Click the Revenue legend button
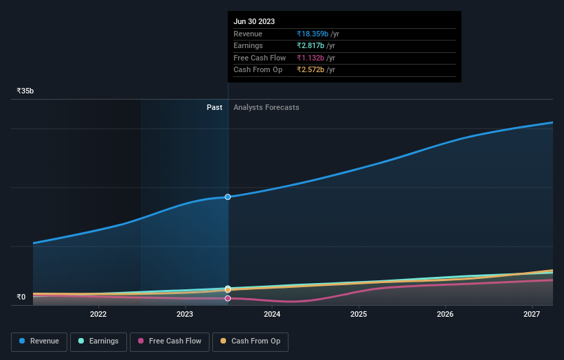pos(39,341)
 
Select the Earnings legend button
pos(98,341)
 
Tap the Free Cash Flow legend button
pos(170,341)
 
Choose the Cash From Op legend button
pos(250,341)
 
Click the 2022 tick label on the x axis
pos(98,315)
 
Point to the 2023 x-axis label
pos(185,315)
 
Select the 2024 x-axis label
pos(272,315)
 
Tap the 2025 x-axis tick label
pos(359,315)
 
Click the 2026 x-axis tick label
pos(445,315)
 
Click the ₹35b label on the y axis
pos(25,91)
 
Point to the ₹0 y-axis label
pos(21,297)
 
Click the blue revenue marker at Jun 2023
pos(227,197)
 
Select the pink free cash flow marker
pos(227,298)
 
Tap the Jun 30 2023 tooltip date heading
pos(254,21)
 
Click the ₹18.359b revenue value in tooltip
pos(317,34)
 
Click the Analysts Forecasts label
pos(266,107)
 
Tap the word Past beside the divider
pos(214,107)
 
